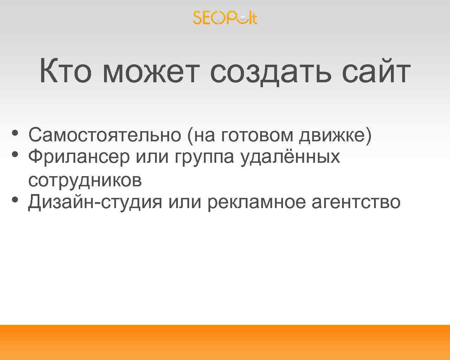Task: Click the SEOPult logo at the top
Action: tap(225, 18)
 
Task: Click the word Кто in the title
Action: tap(65, 71)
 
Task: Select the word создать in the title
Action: tap(270, 71)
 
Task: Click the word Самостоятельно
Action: tap(104, 135)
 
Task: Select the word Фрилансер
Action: tap(79, 157)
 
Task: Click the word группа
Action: tap(204, 157)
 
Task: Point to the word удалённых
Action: tap(290, 157)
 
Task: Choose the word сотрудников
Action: tap(85, 180)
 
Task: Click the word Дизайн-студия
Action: tap(95, 202)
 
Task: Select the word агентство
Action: tap(356, 202)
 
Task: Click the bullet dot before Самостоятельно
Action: tap(14, 133)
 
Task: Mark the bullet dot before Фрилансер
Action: tap(14, 154)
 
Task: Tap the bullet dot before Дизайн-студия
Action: tap(14, 200)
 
